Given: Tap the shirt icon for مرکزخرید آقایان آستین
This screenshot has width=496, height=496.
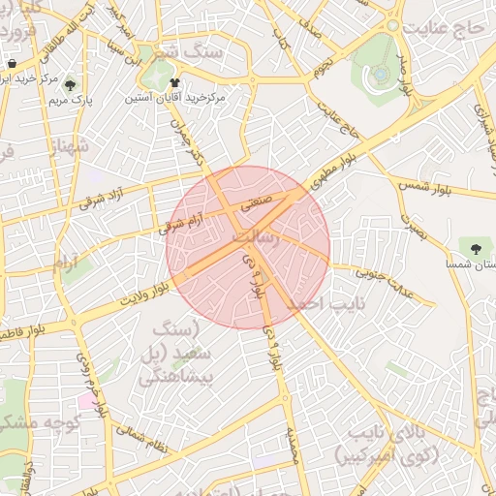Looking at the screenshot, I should (x=174, y=83).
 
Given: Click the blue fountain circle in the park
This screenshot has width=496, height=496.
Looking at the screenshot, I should (x=382, y=73).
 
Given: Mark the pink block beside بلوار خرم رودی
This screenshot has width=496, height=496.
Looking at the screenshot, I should (x=87, y=400).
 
